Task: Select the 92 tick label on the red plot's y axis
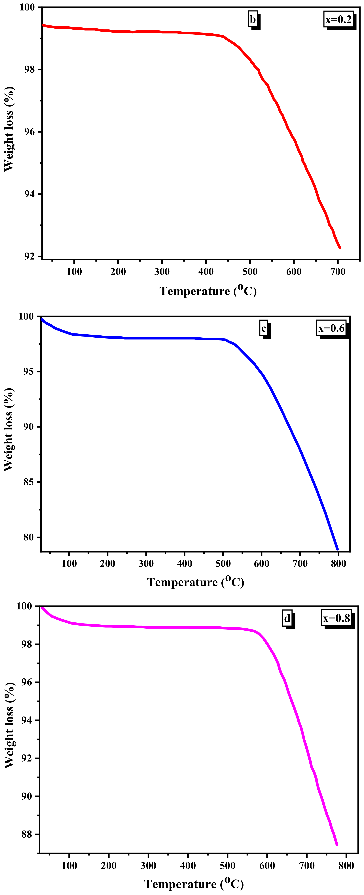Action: (x=29, y=257)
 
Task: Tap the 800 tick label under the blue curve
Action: (x=338, y=563)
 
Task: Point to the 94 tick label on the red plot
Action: (x=29, y=194)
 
